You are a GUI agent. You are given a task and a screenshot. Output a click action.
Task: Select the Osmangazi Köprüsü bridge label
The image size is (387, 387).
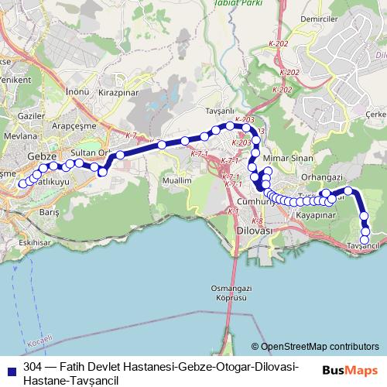[x=230, y=292]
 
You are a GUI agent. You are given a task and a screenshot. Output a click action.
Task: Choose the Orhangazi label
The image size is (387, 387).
[x=321, y=176]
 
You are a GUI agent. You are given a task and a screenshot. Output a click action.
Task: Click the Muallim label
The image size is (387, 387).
[x=177, y=180]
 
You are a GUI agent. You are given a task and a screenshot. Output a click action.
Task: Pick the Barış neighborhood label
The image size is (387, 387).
[x=49, y=211]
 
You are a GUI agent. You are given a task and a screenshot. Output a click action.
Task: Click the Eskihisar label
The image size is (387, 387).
[x=35, y=242]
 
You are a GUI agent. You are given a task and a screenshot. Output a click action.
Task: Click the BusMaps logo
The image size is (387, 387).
[x=354, y=370]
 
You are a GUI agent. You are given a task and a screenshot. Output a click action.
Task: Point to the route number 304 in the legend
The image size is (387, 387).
[x=33, y=365]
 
